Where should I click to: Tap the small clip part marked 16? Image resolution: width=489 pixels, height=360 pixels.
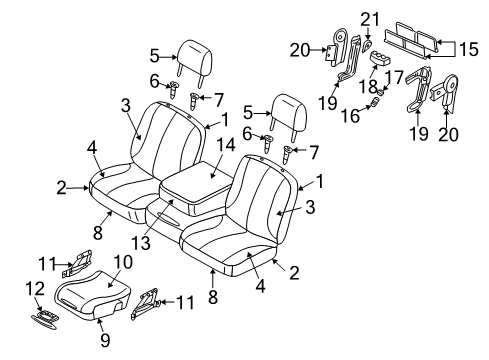coord(379,100)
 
